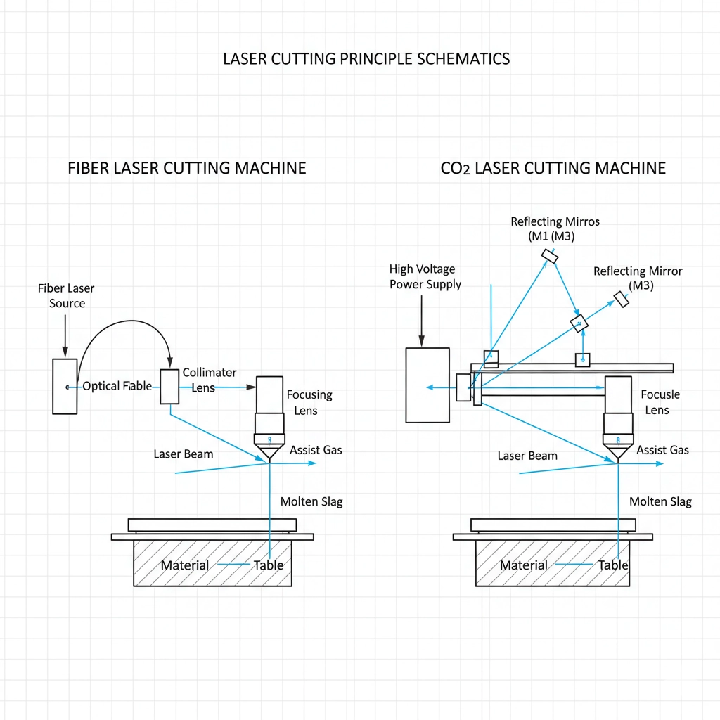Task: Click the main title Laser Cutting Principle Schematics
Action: [x=366, y=58]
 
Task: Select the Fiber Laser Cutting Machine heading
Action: [x=187, y=169]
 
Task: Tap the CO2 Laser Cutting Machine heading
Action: [x=553, y=169]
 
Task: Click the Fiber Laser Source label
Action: [x=67, y=296]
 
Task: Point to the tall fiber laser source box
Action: [x=65, y=386]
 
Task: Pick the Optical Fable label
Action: [x=117, y=386]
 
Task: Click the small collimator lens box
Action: [x=169, y=386]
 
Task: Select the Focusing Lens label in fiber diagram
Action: [x=309, y=403]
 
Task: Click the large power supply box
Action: [x=427, y=385]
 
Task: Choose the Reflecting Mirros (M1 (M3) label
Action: [x=555, y=229]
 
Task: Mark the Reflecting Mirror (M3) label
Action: [x=638, y=278]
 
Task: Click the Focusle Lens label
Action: [x=660, y=402]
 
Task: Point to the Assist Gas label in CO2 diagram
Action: [x=662, y=450]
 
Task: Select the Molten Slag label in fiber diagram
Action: [x=311, y=502]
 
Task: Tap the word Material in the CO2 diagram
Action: [x=523, y=565]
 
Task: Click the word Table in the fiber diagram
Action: [x=269, y=565]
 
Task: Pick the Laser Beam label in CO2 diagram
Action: [x=527, y=456]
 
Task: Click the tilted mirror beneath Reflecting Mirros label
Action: [x=550, y=257]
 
